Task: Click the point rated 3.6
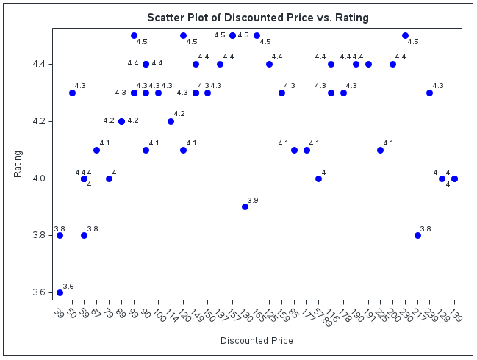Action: point(60,292)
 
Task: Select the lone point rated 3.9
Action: point(245,206)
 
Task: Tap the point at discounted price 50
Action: point(72,93)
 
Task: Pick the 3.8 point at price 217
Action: point(417,235)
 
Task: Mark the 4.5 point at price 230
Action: point(405,35)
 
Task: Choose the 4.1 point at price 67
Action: point(96,150)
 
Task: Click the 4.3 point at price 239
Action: point(429,93)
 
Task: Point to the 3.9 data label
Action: point(253,200)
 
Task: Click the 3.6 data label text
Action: point(68,286)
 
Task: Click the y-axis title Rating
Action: point(18,163)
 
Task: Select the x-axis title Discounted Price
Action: point(257,341)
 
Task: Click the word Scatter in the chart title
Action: point(167,17)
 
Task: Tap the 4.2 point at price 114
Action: point(171,121)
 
